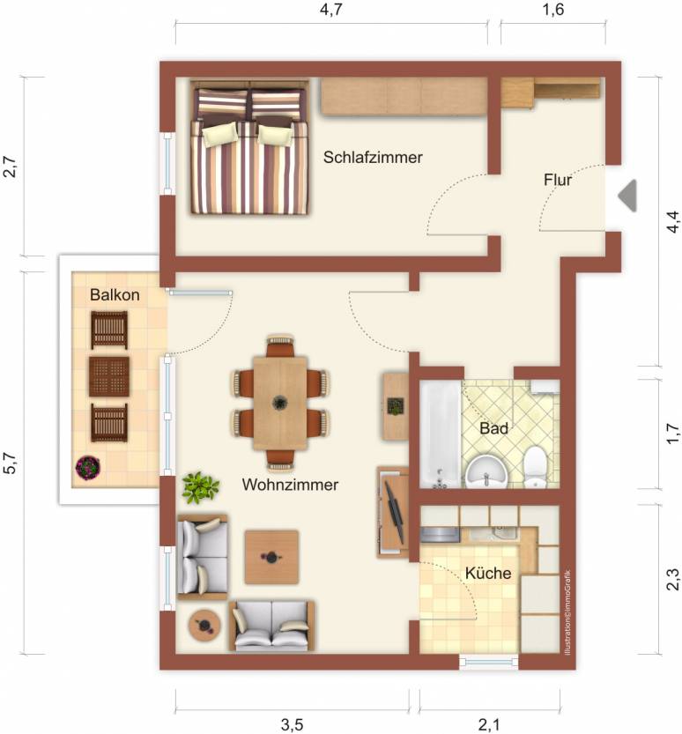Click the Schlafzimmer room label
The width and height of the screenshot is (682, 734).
coord(373,157)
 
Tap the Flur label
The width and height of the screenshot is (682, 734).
coord(558,180)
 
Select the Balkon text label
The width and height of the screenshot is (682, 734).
coord(115,295)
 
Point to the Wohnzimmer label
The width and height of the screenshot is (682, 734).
coord(290,485)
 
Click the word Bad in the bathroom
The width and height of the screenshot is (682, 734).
coord(493,428)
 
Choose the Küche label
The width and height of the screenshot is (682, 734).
coord(488,573)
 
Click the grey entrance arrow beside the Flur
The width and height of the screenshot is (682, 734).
coord(627,196)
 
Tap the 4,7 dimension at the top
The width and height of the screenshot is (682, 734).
coord(331,10)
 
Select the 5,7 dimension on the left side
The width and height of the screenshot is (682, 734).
coord(11,463)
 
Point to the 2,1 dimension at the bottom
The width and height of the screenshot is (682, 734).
coord(489,725)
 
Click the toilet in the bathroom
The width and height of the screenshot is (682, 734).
coord(535,467)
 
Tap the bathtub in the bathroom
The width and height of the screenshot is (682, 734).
coord(440,435)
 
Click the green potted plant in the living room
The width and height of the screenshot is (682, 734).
coord(200,488)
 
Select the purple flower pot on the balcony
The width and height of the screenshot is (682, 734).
coord(88,467)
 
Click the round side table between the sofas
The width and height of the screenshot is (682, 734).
coord(204,625)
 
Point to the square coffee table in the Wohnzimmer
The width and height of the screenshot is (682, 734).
coord(271,557)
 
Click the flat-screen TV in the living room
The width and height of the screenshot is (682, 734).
coord(393,512)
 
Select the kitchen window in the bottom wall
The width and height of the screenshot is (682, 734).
coord(489,662)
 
